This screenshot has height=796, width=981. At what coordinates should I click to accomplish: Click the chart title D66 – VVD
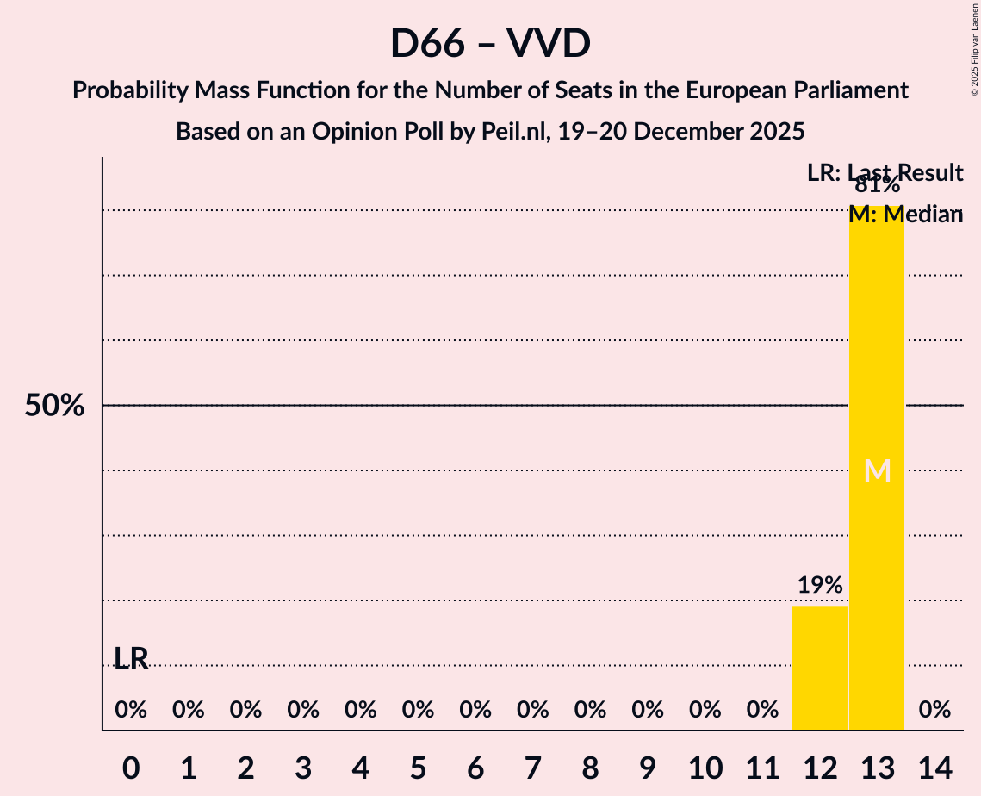(x=490, y=43)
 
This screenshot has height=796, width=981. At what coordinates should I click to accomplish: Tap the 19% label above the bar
(x=820, y=586)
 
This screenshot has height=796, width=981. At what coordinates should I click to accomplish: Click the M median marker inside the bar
(x=877, y=470)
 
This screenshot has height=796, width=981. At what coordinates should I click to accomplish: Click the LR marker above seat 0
(x=131, y=659)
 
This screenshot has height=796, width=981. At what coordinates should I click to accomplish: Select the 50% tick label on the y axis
(x=54, y=406)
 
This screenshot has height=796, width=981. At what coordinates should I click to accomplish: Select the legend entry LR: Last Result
(x=885, y=172)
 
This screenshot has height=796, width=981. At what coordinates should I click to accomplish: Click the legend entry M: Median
(x=905, y=215)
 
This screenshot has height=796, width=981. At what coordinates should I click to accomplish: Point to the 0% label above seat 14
(x=934, y=710)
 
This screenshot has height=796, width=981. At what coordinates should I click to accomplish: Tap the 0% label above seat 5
(x=418, y=710)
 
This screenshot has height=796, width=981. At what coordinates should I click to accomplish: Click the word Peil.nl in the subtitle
(x=507, y=132)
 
